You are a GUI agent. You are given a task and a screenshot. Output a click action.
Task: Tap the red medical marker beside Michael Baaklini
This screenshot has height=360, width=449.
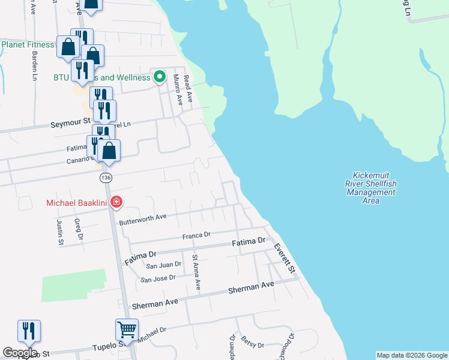pos(116,203)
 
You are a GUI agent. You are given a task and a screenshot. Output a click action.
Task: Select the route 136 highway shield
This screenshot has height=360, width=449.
pos(106,178)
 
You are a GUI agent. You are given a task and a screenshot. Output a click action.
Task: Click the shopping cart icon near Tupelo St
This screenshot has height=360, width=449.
pos(127,329)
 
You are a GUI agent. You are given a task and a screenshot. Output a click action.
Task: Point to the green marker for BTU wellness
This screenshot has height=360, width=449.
pos(159,77)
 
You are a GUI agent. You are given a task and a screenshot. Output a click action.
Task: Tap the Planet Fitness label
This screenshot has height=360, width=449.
pos(28,44)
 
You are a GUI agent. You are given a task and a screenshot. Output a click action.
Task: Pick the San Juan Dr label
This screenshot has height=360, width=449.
pos(163,265)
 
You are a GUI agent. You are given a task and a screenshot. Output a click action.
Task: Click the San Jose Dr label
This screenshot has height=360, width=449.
pos(157,278)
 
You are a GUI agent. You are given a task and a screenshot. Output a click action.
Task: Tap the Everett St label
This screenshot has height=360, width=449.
pos(285,259)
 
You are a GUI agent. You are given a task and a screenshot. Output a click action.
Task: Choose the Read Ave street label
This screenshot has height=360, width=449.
pos(187,88)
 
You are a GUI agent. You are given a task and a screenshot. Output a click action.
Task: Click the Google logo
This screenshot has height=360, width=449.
pos(20,353)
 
